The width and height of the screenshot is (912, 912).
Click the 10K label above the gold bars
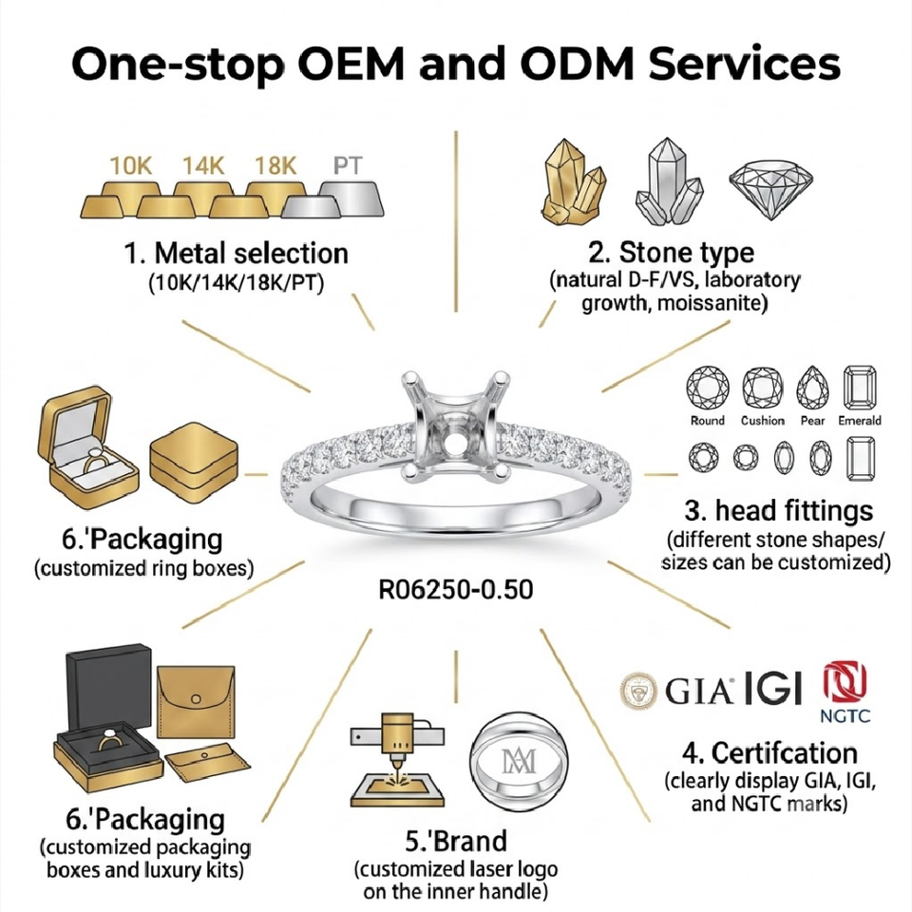click(x=131, y=165)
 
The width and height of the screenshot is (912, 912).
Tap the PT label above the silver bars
click(x=348, y=165)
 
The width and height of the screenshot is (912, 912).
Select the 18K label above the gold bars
click(x=275, y=165)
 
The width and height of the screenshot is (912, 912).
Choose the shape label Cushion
click(x=763, y=421)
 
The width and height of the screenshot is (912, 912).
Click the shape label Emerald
click(x=860, y=421)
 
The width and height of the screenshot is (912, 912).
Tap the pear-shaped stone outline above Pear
click(x=812, y=388)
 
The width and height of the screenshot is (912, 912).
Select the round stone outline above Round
click(x=707, y=388)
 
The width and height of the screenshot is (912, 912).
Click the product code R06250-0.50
click(x=456, y=590)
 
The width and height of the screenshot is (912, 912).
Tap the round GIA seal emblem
click(x=638, y=692)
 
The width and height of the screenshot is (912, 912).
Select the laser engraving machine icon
click(x=398, y=759)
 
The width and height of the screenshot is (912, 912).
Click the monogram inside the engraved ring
click(x=519, y=761)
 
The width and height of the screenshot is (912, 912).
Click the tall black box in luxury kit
click(x=109, y=686)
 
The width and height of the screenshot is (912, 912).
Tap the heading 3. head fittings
click(x=779, y=511)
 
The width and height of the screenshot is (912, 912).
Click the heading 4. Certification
click(x=770, y=753)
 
